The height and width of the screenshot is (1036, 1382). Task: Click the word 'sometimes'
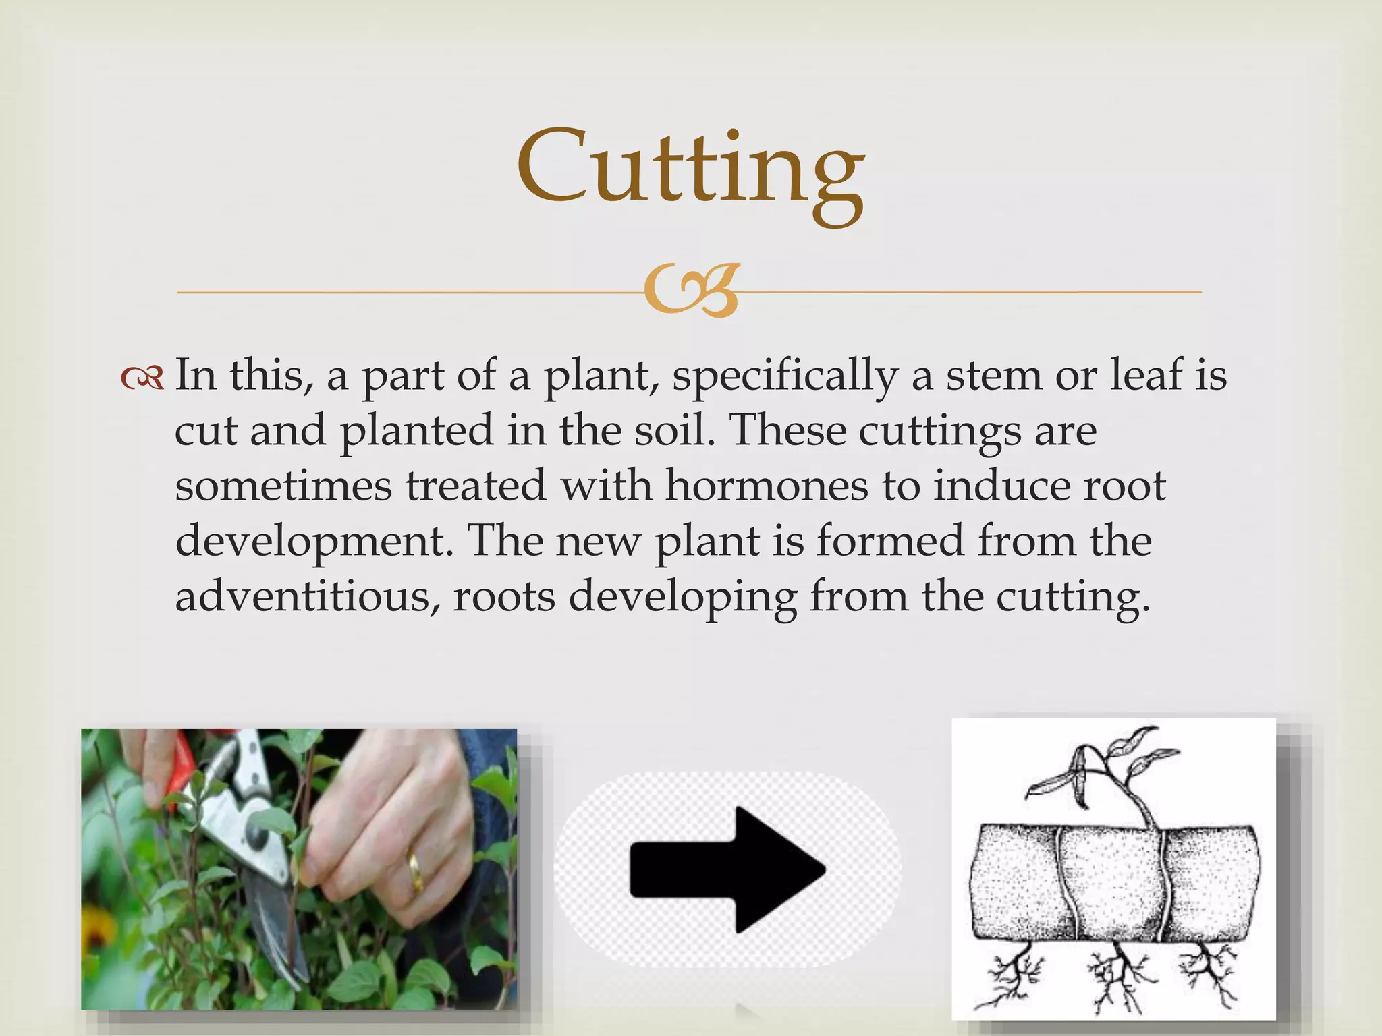tap(283, 486)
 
